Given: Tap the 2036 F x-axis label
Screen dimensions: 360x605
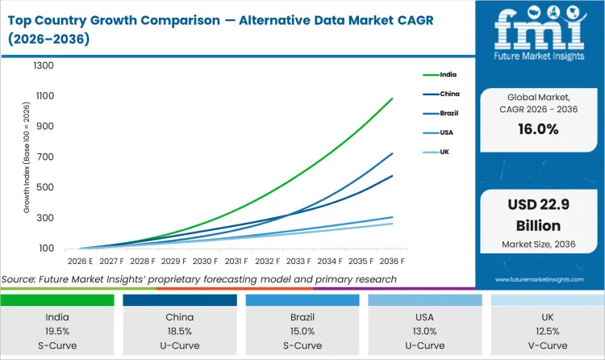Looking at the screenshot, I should point(393,261).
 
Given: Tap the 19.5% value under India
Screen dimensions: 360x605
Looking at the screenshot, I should point(57,331).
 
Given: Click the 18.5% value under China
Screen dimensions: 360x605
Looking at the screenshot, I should point(180,331).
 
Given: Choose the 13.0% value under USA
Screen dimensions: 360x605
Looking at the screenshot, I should point(425,331).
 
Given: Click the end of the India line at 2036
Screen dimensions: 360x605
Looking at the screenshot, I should point(393,98).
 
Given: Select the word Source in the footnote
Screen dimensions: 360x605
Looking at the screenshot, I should point(21,279).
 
